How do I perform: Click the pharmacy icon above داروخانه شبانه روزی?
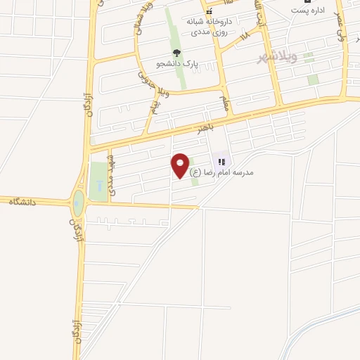(209, 12)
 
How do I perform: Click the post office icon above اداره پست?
(307, 1)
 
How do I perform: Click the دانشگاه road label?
(22, 202)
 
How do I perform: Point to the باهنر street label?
(198, 129)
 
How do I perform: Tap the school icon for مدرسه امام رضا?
(222, 162)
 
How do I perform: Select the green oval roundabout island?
(77, 205)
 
